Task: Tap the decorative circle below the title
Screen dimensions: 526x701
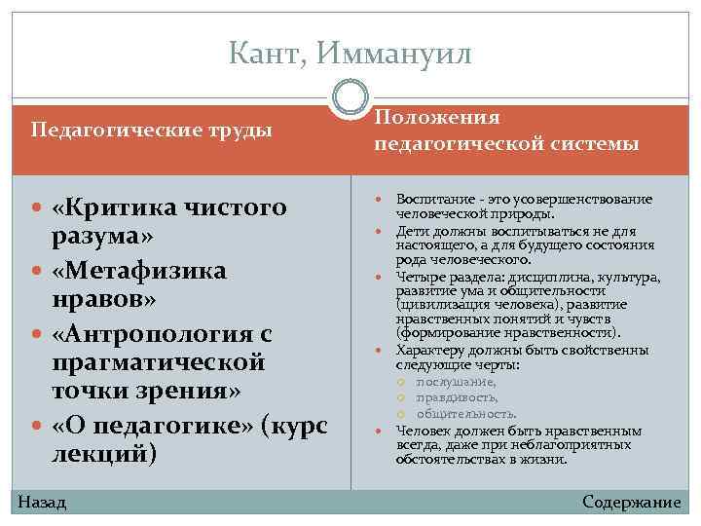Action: pyautogui.click(x=350, y=98)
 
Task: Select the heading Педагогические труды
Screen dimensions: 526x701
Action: pyautogui.click(x=152, y=130)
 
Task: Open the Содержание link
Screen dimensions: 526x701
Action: pyautogui.click(x=631, y=502)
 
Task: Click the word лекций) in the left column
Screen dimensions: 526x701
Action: pyautogui.click(x=104, y=454)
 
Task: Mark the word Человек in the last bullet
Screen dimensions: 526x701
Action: pyautogui.click(x=424, y=430)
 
